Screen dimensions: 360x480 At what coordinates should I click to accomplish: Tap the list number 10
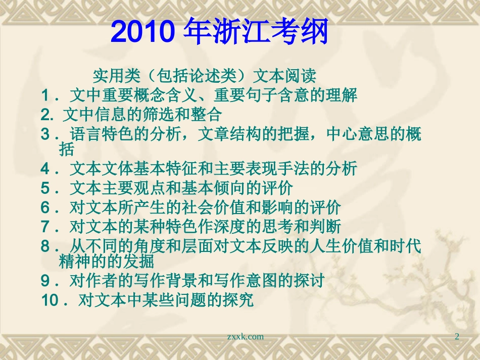tap(51, 300)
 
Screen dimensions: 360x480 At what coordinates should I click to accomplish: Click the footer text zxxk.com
tap(246, 336)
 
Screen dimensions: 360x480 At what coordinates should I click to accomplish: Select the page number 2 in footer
tap(457, 336)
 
